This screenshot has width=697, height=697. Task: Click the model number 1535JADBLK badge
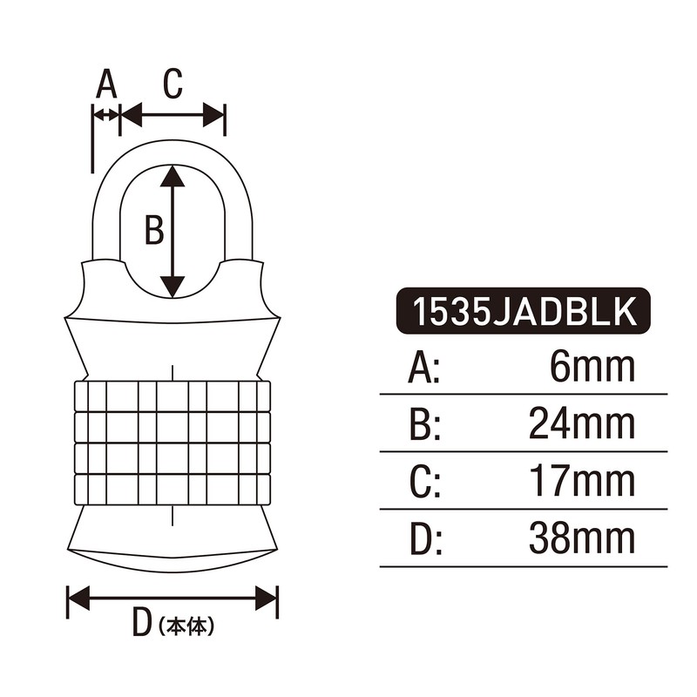(x=523, y=311)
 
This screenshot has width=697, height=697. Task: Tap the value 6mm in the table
(x=592, y=369)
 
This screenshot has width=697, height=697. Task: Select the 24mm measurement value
(x=581, y=424)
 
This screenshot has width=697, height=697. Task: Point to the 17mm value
(x=581, y=482)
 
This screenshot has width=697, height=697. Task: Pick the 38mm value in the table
(x=581, y=539)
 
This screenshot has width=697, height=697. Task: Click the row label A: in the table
(x=424, y=369)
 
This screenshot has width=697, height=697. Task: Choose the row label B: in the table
(x=424, y=425)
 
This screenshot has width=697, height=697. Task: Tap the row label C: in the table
(x=424, y=483)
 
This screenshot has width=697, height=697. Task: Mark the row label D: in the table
(x=426, y=540)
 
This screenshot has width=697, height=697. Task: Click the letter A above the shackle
(x=105, y=85)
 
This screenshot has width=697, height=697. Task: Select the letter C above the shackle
(x=173, y=84)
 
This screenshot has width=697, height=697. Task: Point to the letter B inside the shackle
(x=153, y=231)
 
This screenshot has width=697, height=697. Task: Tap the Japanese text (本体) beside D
(x=186, y=626)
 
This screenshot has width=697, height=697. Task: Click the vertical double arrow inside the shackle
(x=173, y=231)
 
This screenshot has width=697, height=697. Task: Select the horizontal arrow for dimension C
(x=173, y=113)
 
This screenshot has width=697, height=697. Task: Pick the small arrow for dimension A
(x=105, y=114)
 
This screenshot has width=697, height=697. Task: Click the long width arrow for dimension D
(x=173, y=598)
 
